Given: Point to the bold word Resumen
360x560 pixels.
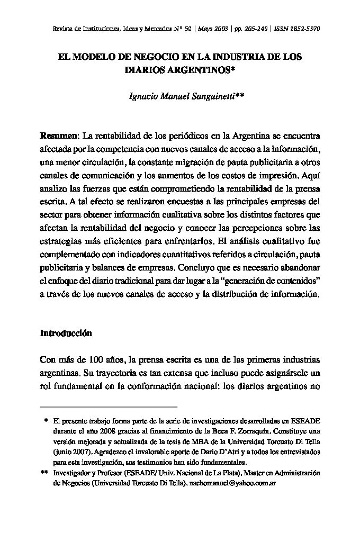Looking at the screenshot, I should pyautogui.click(x=59, y=136).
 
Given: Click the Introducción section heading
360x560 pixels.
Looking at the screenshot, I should pyautogui.click(x=66, y=333).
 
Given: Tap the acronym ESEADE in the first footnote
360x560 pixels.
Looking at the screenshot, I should pyautogui.click(x=305, y=421).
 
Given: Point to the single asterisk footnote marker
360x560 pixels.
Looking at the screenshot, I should pyautogui.click(x=46, y=421).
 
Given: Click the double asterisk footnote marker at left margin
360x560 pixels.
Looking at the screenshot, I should pyautogui.click(x=44, y=473).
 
